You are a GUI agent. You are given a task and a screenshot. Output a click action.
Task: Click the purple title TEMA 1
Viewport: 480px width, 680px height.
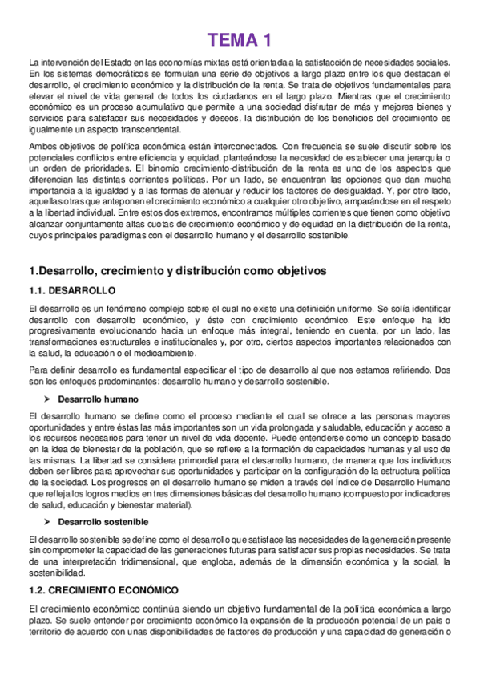[240, 39]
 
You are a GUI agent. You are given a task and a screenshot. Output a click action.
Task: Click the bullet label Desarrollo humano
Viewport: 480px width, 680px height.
[99, 399]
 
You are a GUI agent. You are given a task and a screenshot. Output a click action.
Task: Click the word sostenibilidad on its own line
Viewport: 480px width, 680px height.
[56, 574]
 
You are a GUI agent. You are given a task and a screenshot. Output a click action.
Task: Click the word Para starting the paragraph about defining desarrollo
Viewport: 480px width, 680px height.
[38, 370]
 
